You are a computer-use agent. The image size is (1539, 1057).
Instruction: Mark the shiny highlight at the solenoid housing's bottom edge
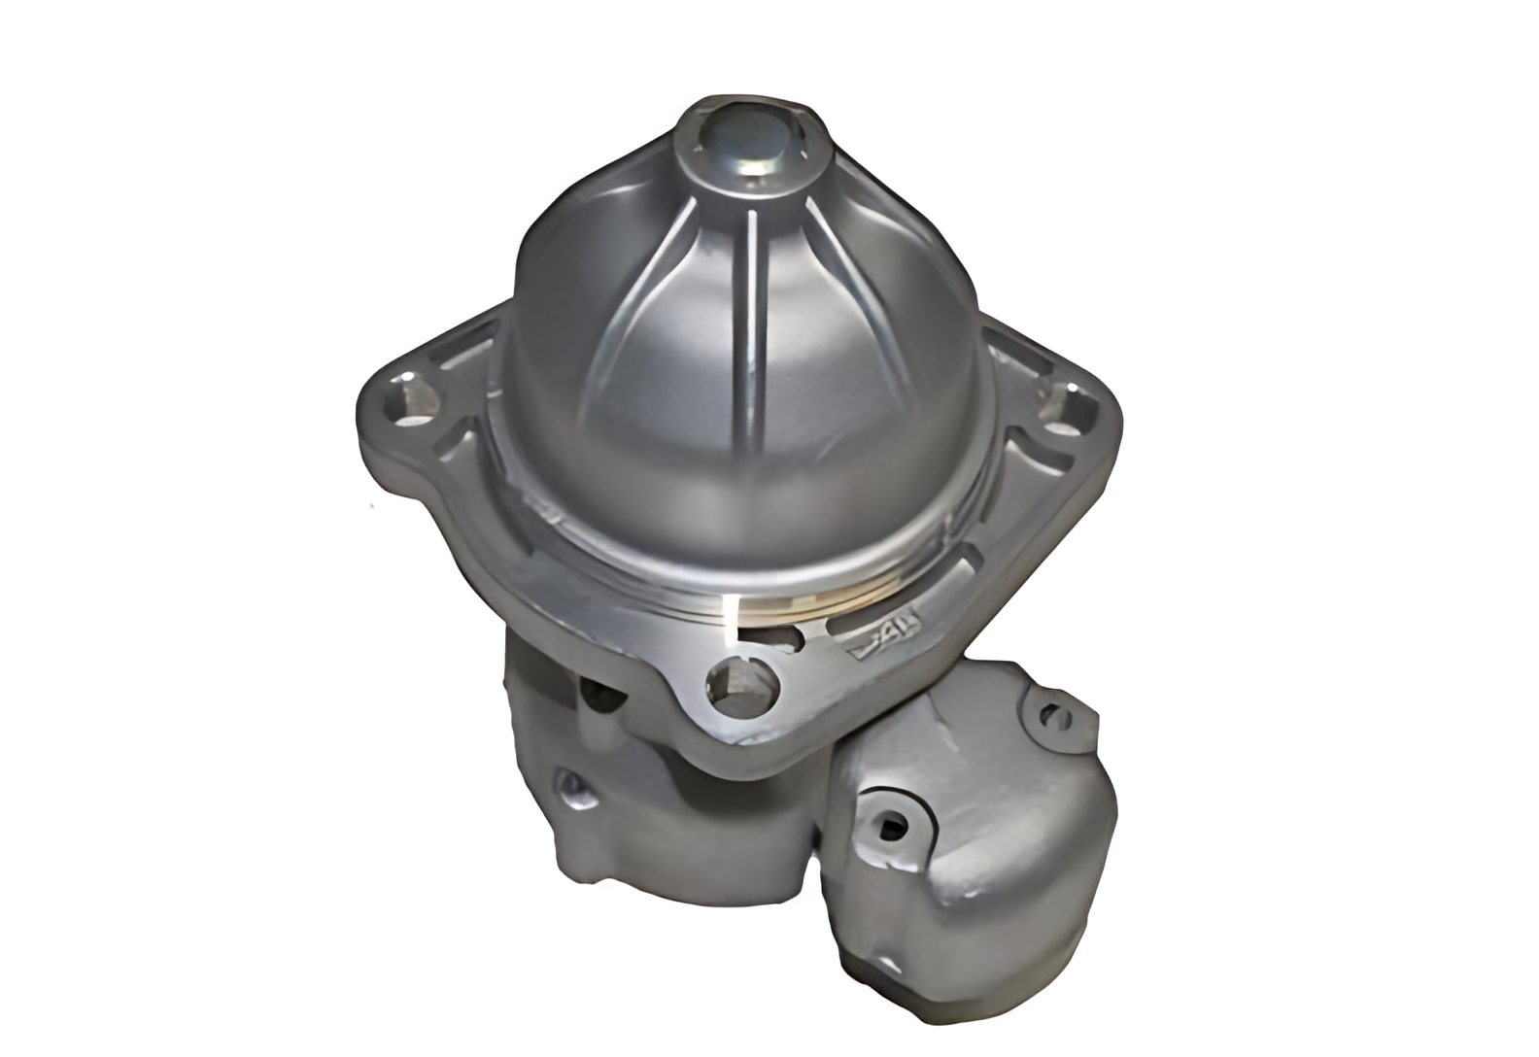click(874, 976)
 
